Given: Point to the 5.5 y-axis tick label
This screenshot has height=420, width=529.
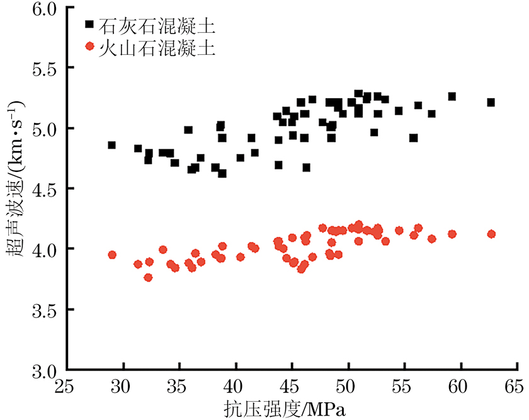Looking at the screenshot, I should point(43,69).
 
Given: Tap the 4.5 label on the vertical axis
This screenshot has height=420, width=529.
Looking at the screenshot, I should point(43,190).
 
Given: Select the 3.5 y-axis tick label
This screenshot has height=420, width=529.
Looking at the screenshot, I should point(43,310).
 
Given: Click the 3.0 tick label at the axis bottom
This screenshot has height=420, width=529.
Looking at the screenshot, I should point(43,370).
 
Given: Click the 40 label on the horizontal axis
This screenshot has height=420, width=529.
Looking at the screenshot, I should point(236,385).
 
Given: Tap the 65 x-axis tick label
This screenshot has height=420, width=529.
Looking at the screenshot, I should point(516,385).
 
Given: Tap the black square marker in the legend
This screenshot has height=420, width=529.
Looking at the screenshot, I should point(89,25).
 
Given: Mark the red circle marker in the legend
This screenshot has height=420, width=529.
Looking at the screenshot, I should point(89,47).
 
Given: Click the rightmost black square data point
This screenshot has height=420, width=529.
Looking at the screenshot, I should point(491,102).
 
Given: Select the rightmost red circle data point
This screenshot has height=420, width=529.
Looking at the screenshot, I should point(492,234).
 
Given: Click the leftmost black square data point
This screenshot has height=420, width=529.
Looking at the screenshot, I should point(112,145).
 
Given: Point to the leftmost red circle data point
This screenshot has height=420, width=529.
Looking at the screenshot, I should point(112,255).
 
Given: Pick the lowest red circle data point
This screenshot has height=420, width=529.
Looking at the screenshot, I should point(148,278).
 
